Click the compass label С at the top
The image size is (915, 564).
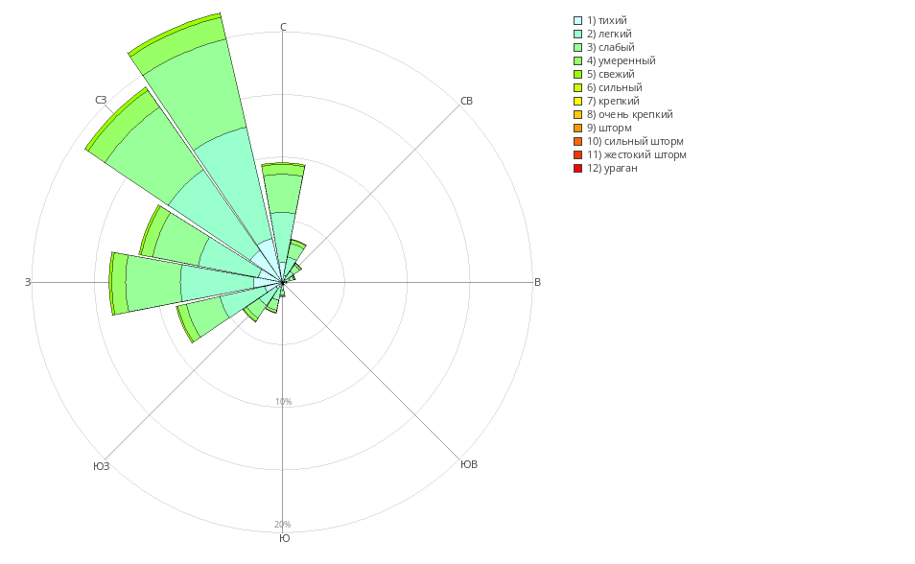(283, 27)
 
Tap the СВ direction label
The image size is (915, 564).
(466, 101)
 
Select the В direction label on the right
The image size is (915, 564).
(537, 282)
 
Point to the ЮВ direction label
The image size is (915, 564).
(469, 464)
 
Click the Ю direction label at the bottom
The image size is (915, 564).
(284, 538)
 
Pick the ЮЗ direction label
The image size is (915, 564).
(101, 466)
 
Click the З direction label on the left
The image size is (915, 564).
(28, 282)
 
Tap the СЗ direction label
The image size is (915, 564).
(101, 101)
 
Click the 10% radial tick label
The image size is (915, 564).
(283, 402)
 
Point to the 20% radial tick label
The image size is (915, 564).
(283, 525)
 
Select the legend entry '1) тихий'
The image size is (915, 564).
(607, 20)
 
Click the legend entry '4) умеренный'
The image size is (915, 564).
(621, 60)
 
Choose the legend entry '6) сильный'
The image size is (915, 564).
(614, 87)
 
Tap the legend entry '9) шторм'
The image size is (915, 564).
(609, 128)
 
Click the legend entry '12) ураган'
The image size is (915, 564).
(612, 168)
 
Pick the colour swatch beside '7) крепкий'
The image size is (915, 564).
(577, 101)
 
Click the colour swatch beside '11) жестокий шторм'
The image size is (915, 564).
(577, 154)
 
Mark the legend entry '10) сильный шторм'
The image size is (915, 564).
(635, 141)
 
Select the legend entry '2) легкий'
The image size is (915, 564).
(609, 34)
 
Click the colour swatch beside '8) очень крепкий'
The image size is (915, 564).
(577, 114)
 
